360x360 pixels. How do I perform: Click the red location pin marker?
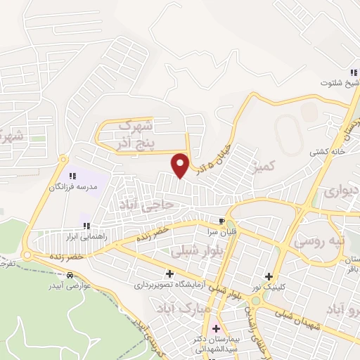point(181,164)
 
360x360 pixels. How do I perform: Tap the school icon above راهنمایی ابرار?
point(86,226)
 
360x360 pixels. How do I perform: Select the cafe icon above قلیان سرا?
point(223,220)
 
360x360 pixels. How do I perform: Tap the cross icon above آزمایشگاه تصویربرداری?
point(169,274)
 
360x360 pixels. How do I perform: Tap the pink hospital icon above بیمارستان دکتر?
point(215,328)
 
